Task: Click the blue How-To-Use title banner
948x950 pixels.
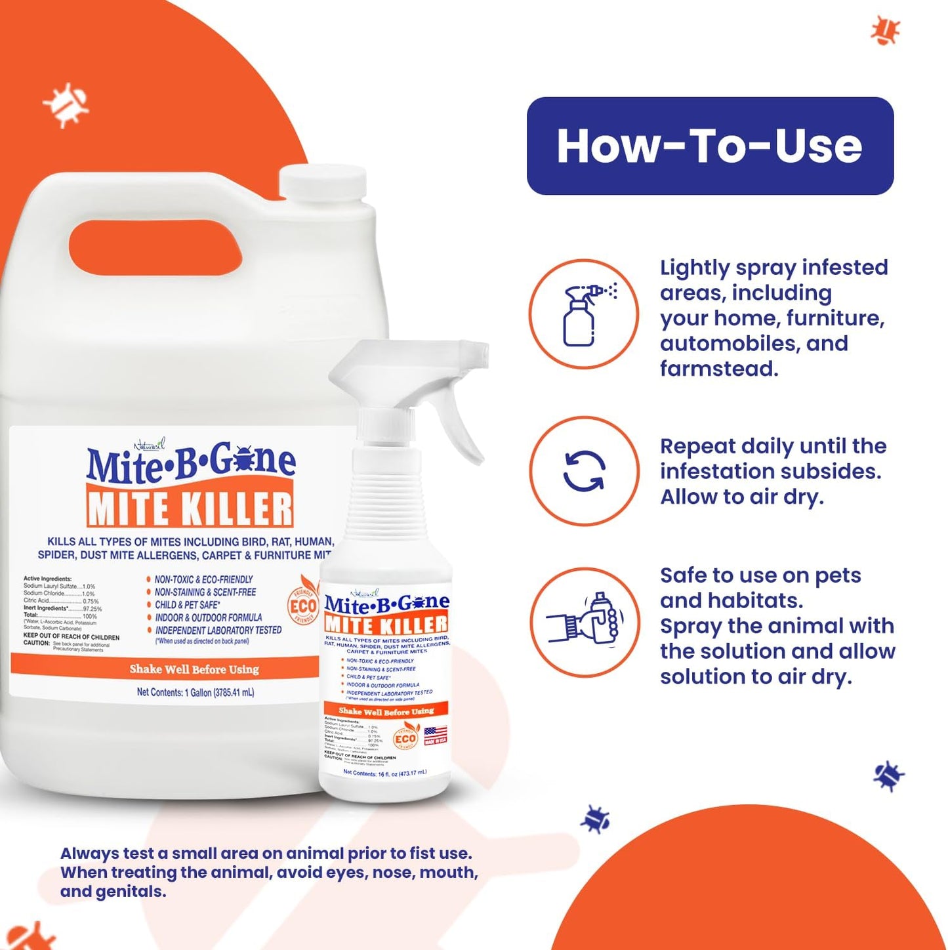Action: tap(710, 146)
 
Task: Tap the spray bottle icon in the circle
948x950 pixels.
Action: tap(583, 314)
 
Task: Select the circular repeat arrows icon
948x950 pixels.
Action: tap(583, 470)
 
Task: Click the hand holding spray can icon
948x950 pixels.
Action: tap(584, 621)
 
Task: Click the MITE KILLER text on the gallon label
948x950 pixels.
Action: tap(190, 509)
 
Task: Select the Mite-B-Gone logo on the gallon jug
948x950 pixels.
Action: tap(190, 462)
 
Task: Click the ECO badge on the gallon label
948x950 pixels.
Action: tap(302, 606)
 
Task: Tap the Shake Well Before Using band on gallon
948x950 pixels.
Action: tap(194, 669)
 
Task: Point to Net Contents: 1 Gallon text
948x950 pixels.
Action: tap(196, 692)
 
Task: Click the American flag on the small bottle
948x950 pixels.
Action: tap(435, 735)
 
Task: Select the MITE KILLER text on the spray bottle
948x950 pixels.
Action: tap(386, 624)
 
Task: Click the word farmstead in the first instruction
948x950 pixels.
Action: tap(719, 369)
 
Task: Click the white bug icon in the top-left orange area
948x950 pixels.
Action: tap(66, 104)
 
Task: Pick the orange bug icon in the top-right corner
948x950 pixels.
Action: tap(885, 30)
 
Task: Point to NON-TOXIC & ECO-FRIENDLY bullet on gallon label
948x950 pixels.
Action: tap(203, 579)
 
